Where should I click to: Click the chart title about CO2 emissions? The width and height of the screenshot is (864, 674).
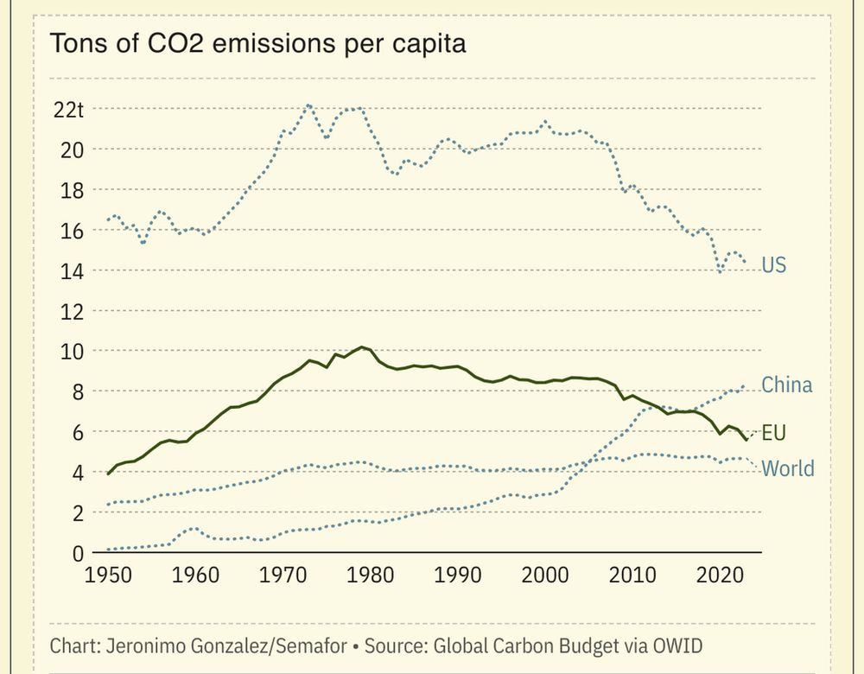tap(258, 44)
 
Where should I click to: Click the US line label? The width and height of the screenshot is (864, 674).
tap(774, 265)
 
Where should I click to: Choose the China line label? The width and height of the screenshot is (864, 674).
tap(787, 385)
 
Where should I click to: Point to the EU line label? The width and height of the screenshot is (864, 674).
tap(774, 432)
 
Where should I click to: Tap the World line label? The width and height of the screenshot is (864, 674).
tap(788, 469)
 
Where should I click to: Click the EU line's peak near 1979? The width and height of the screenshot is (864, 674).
tap(362, 347)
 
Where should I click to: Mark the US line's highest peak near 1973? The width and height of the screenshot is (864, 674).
tap(308, 105)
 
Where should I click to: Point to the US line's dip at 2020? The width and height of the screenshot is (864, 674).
tap(721, 272)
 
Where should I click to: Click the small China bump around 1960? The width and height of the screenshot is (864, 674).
tap(193, 528)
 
